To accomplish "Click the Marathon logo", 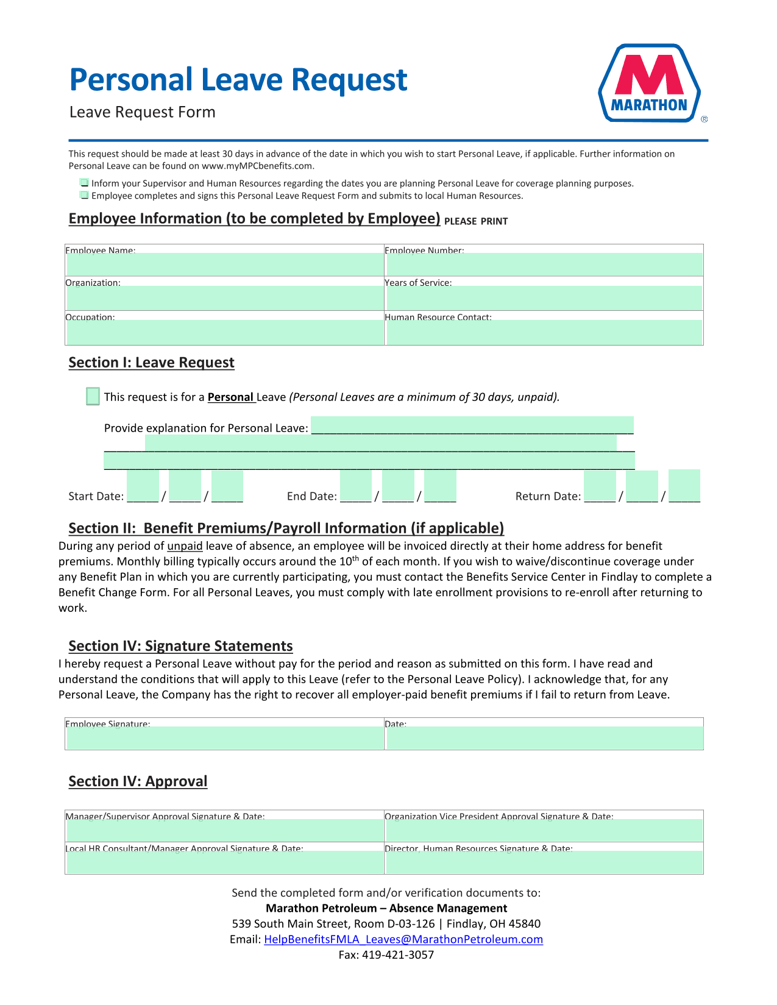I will pyautogui.click(x=650, y=83).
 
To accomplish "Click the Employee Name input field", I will pyautogui.click(x=224, y=265).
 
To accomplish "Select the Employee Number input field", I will pyautogui.click(x=544, y=265).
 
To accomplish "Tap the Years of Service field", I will pyautogui.click(x=544, y=298).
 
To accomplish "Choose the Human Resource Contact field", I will pyautogui.click(x=544, y=332).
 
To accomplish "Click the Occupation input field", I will pyautogui.click(x=224, y=332).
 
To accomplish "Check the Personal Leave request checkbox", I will pyautogui.click(x=93, y=396).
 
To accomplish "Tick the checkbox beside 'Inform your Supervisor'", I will pyautogui.click(x=84, y=183).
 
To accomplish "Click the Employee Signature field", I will pyautogui.click(x=224, y=737).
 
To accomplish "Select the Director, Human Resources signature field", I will pyautogui.click(x=544, y=862).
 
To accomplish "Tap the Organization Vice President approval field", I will pyautogui.click(x=544, y=830).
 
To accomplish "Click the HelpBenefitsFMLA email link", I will pyautogui.click(x=403, y=939).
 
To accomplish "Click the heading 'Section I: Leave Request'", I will pyautogui.click(x=151, y=363).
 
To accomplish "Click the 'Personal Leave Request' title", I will pyautogui.click(x=238, y=80).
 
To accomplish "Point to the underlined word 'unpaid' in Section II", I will pyautogui.click(x=185, y=546).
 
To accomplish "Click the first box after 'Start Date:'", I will pyautogui.click(x=143, y=486).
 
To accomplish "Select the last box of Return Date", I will pyautogui.click(x=684, y=485).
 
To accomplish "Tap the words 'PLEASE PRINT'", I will pyautogui.click(x=476, y=221).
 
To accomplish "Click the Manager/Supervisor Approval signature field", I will pyautogui.click(x=224, y=830).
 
